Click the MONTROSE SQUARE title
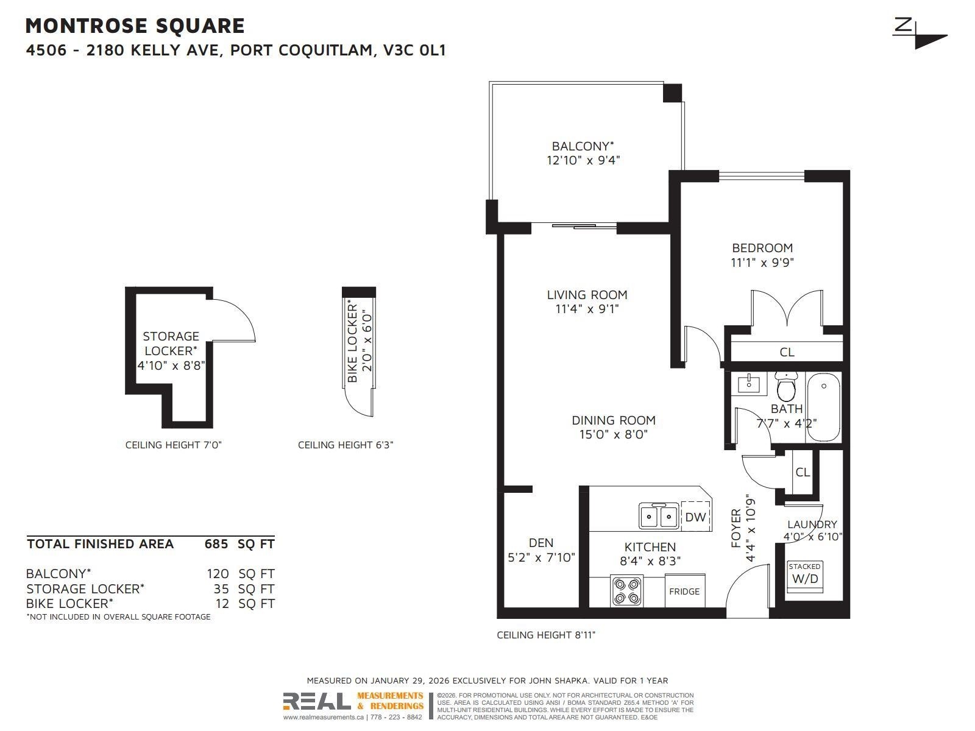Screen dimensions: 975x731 click(x=135, y=26)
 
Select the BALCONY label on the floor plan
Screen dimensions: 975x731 click(x=583, y=146)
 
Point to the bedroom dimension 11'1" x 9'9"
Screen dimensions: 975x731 click(x=762, y=263)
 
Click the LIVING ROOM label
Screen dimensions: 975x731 click(x=587, y=295)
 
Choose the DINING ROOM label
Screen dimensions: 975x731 click(x=614, y=420)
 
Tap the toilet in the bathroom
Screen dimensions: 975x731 click(x=787, y=387)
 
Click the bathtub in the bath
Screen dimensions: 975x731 click(x=823, y=407)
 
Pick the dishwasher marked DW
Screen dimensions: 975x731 click(x=696, y=516)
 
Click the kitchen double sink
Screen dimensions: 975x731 click(x=659, y=516)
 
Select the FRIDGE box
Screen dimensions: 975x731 click(x=684, y=591)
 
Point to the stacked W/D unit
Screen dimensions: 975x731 click(x=805, y=577)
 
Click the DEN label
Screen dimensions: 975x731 click(x=541, y=542)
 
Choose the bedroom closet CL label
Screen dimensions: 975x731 click(x=787, y=352)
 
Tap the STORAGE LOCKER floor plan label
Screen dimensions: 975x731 click(x=171, y=344)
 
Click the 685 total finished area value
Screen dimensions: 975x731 click(x=216, y=544)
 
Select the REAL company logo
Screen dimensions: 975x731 click(x=317, y=701)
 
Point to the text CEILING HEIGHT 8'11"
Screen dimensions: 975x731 click(x=546, y=635)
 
